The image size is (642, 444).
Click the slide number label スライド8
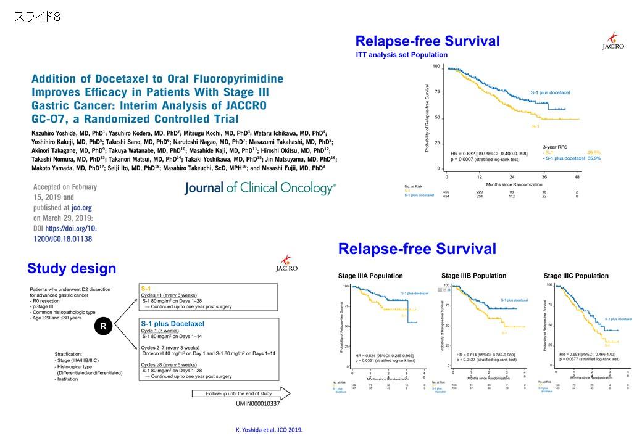[x=37, y=17]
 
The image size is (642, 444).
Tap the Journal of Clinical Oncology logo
[x=260, y=188]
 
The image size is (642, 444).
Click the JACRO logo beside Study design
[x=286, y=265]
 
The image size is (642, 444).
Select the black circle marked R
[x=104, y=326]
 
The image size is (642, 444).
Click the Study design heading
[x=72, y=268]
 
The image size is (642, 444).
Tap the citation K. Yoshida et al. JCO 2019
[x=269, y=430]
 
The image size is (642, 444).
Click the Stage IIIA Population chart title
[x=370, y=276]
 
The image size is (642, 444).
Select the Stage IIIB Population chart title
[x=473, y=275]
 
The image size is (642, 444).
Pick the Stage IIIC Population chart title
[x=576, y=275]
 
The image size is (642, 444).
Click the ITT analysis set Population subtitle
[x=402, y=55]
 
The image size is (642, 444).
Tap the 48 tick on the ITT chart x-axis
[x=577, y=176]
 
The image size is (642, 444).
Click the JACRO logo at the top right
[x=613, y=42]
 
